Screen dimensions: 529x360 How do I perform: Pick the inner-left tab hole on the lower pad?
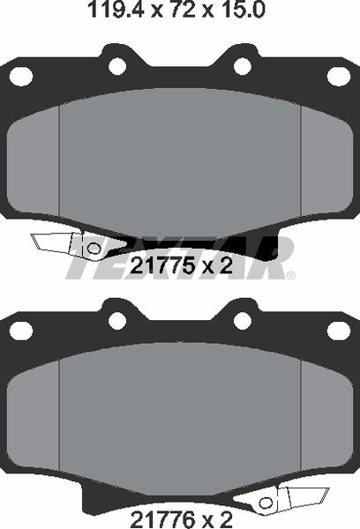click(114, 318)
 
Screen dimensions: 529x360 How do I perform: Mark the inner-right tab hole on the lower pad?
click(244, 318)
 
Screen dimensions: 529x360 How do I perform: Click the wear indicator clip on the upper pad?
click(66, 242)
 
